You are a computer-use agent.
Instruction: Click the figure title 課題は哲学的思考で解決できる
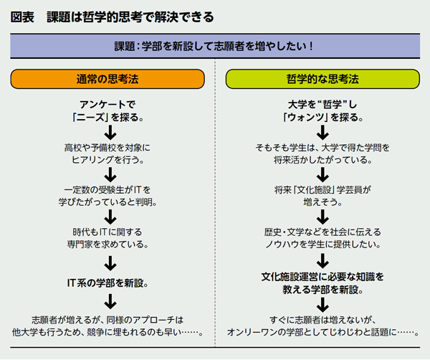click(x=129, y=16)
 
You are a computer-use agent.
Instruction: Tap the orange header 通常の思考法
click(x=108, y=77)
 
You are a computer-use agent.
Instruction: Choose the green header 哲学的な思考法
click(x=322, y=77)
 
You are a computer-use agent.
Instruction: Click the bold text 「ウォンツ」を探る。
click(x=322, y=115)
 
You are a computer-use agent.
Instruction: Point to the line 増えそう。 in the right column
click(x=322, y=202)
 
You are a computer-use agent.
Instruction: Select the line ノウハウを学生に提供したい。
click(x=322, y=244)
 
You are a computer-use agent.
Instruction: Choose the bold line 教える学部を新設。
click(x=322, y=290)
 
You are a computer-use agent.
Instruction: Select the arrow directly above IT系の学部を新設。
click(x=109, y=262)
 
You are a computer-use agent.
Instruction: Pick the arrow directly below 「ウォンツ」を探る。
click(x=322, y=132)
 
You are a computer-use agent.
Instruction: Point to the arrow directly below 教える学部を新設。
click(x=322, y=304)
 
